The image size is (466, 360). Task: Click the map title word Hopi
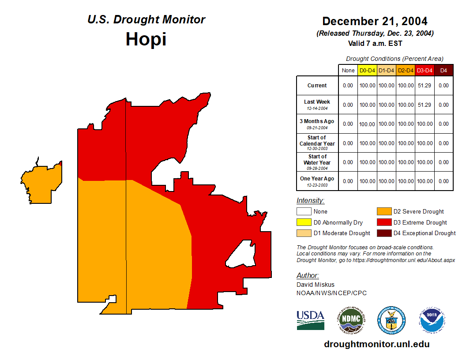pyautogui.click(x=146, y=39)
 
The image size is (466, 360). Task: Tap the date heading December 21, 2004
pyautogui.click(x=375, y=21)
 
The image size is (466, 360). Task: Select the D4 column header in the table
pyautogui.click(x=443, y=70)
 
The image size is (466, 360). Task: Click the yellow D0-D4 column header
pyautogui.click(x=367, y=70)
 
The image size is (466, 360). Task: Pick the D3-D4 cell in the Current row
pyautogui.click(x=425, y=86)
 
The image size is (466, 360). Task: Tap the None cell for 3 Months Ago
pyautogui.click(x=348, y=124)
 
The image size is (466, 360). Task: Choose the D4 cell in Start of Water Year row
pyautogui.click(x=443, y=162)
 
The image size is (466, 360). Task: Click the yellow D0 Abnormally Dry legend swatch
pyautogui.click(x=304, y=222)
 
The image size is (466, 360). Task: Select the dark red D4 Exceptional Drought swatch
pyautogui.click(x=383, y=233)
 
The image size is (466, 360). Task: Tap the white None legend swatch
pyautogui.click(x=304, y=212)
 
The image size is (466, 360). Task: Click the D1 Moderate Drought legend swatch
pyautogui.click(x=304, y=233)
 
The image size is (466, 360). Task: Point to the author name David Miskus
pyautogui.click(x=315, y=285)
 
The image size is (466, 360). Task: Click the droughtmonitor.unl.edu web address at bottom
pyautogui.click(x=376, y=344)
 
